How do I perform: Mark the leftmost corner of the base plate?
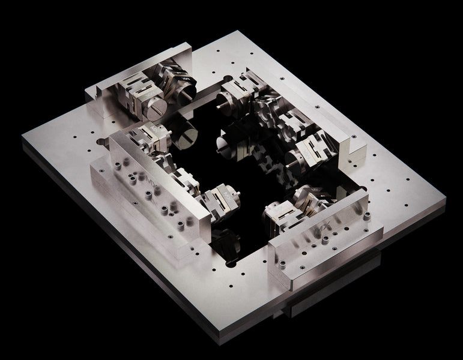(23, 139)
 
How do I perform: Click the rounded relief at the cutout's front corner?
(231, 262)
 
